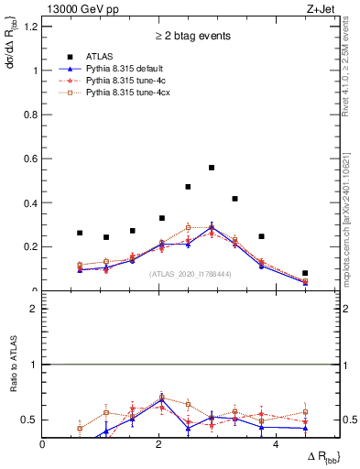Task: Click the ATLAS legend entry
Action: coord(100,57)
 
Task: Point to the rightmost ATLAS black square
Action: coord(305,273)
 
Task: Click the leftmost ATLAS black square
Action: coord(80,233)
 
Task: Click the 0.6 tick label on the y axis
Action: coord(32,158)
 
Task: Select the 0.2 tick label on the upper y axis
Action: coord(32,246)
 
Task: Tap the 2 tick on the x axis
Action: coord(160,444)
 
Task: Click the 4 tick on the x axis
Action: coord(278,444)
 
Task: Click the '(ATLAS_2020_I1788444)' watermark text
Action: coord(191,274)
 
